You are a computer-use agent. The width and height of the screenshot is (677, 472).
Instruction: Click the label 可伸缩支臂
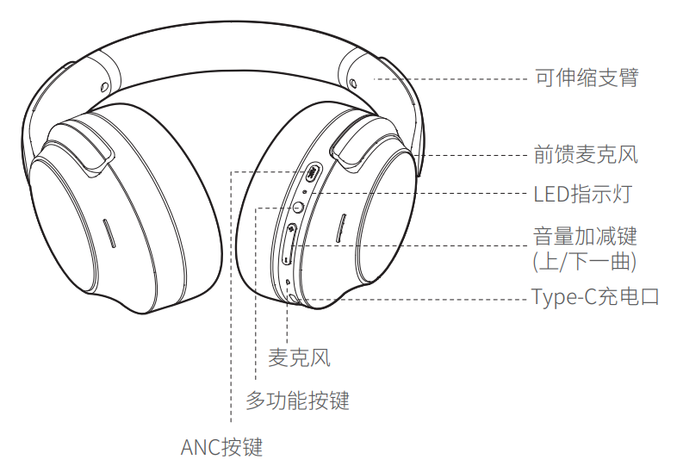587,78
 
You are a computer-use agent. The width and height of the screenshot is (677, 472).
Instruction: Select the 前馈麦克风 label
587,155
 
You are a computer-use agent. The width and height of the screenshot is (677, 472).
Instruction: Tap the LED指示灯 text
582,194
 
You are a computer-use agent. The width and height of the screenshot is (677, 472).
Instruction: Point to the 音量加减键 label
586,235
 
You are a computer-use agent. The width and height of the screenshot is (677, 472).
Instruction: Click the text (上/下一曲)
586,260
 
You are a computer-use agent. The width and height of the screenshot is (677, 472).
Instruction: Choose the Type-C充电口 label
594,298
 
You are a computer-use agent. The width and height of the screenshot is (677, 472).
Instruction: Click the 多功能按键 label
297,401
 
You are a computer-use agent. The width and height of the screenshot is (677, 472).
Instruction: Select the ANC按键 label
221,447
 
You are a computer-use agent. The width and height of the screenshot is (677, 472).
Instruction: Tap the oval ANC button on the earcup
312,174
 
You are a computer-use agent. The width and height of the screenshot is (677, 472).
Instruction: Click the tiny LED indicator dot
307,193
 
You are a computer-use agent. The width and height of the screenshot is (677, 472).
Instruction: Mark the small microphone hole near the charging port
288,282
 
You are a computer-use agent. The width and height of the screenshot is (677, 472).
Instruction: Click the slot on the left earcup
109,233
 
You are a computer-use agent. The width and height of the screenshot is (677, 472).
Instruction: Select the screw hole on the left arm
103,86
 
